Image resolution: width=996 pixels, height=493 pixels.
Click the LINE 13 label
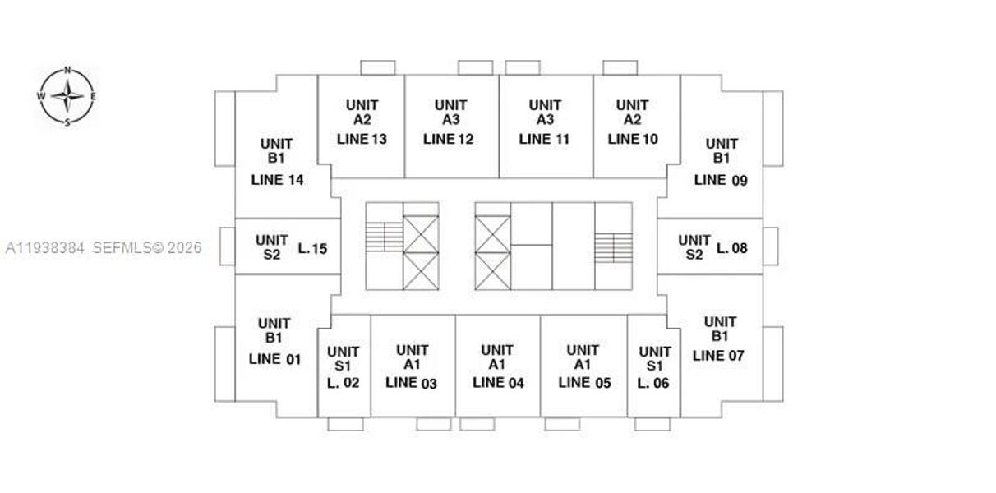362,139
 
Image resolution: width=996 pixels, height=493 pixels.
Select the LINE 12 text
448,139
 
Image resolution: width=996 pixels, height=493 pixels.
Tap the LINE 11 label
544,139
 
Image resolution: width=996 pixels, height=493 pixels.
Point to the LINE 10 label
633,139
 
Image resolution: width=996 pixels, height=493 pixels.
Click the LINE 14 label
278,180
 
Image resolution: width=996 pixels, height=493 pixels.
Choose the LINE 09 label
721,180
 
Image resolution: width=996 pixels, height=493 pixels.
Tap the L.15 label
312,248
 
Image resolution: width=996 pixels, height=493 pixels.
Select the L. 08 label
732,248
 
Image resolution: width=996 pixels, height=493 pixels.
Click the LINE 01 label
274,359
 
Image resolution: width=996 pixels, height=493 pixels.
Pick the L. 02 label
343,383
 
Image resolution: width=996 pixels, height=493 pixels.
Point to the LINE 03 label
411,383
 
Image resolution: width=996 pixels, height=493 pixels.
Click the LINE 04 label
499,383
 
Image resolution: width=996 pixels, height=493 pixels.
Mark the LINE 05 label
585,383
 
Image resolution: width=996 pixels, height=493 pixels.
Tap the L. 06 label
653,383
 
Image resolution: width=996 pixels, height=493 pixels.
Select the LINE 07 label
718,356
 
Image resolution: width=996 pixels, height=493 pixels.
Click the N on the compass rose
67,70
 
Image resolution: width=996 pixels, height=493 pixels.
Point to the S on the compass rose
67,123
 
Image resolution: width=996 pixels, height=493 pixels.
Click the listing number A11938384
45,248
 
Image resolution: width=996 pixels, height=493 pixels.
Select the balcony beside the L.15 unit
227,246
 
